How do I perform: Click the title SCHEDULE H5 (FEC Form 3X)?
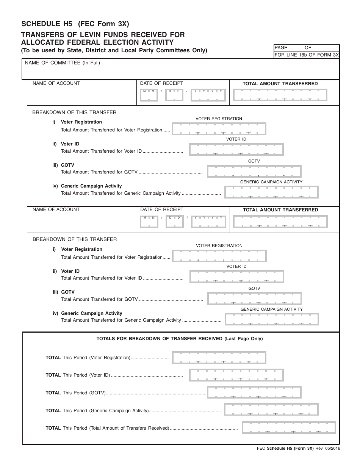[75, 24]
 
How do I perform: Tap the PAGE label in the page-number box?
[281, 48]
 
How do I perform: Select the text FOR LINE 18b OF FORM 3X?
[307, 55]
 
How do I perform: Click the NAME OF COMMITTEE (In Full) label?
[62, 63]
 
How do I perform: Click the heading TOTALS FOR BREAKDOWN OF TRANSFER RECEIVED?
[180, 339]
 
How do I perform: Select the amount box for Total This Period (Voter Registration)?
[219, 358]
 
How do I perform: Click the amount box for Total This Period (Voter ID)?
[236, 375]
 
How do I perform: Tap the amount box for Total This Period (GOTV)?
[254, 393]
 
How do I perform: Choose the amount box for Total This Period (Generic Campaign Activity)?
[271, 410]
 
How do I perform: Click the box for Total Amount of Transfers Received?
[289, 427]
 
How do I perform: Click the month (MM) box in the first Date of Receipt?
[149, 95]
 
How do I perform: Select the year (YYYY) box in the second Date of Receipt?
[208, 221]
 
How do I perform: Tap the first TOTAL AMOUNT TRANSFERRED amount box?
[280, 95]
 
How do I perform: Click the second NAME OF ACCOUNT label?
[56, 210]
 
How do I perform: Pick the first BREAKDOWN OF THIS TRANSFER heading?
[74, 113]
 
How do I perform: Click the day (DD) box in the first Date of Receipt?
[174, 95]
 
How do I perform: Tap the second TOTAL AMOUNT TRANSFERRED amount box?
[280, 221]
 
